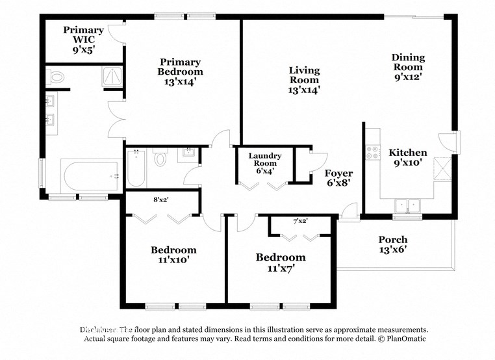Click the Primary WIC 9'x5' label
83,39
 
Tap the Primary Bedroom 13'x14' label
179,71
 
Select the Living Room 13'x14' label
304,80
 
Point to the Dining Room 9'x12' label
407,67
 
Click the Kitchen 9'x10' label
408,158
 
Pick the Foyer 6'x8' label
338,178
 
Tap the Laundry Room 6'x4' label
265,163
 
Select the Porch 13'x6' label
392,244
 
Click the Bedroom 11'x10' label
173,255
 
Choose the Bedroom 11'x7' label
280,263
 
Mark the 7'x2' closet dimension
299,221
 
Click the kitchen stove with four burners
374,153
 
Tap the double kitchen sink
408,205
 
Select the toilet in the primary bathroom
57,78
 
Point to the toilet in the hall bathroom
162,158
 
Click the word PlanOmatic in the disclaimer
402,339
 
